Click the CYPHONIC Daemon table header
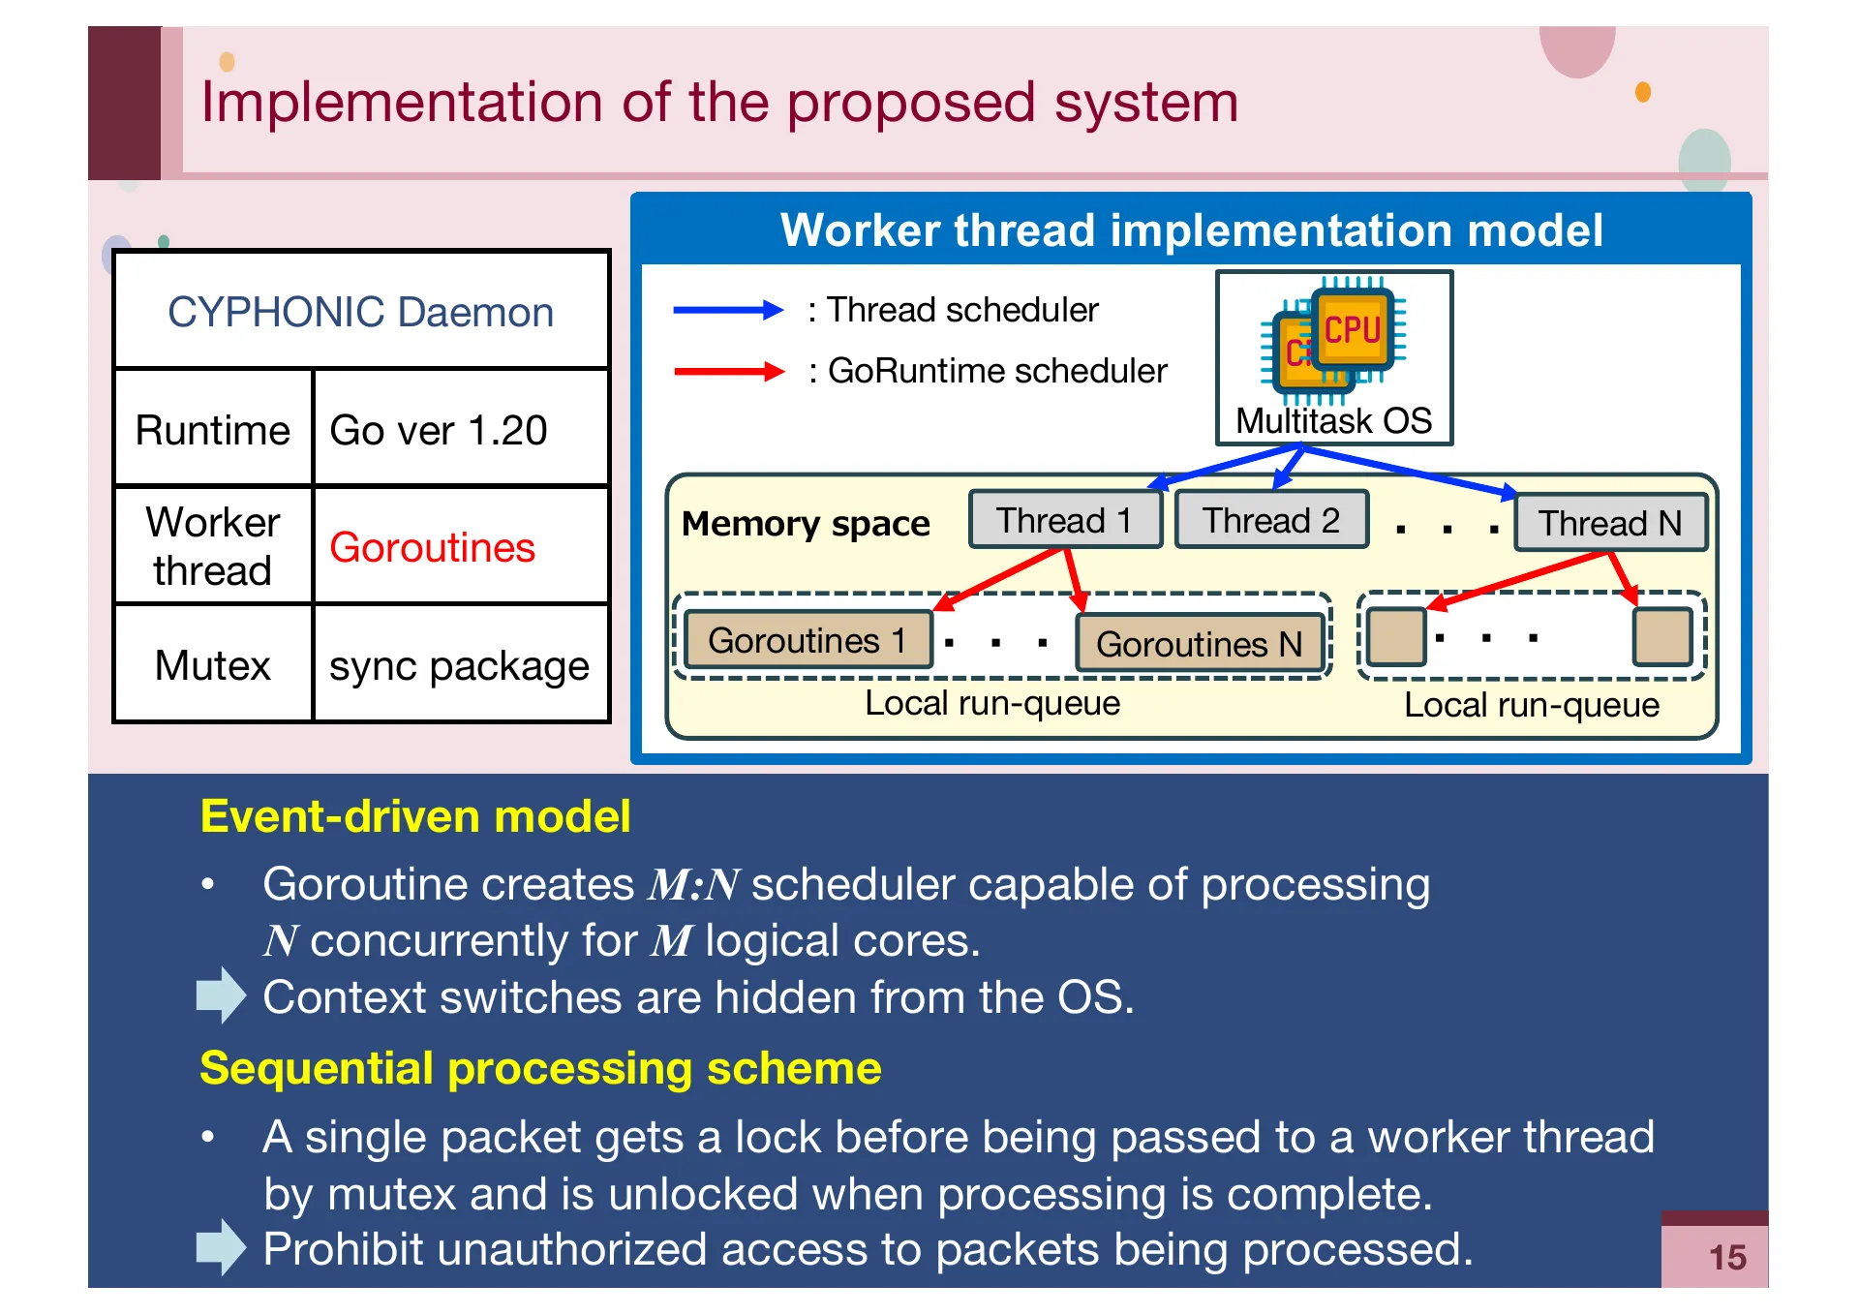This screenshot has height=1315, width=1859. click(360, 312)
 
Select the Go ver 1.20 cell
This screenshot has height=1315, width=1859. click(439, 430)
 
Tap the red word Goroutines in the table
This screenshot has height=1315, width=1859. click(432, 548)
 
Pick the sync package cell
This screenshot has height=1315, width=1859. click(459, 666)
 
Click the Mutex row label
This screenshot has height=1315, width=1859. click(212, 666)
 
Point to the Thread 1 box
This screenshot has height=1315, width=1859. click(1064, 521)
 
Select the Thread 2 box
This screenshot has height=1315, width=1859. click(1270, 521)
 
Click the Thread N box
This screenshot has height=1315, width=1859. click(1610, 524)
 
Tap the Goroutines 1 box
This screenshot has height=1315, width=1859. click(808, 641)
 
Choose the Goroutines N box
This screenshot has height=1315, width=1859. click(1199, 644)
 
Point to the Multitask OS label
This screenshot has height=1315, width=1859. click(1333, 421)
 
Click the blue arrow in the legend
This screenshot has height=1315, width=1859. click(727, 310)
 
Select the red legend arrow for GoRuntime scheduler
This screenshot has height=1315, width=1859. click(727, 371)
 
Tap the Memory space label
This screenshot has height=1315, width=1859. click(805, 524)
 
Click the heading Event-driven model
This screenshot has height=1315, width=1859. click(414, 816)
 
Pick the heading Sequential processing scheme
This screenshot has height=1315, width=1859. click(539, 1068)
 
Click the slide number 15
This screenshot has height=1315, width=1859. click(1726, 1258)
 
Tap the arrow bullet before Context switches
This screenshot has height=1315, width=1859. click(221, 995)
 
